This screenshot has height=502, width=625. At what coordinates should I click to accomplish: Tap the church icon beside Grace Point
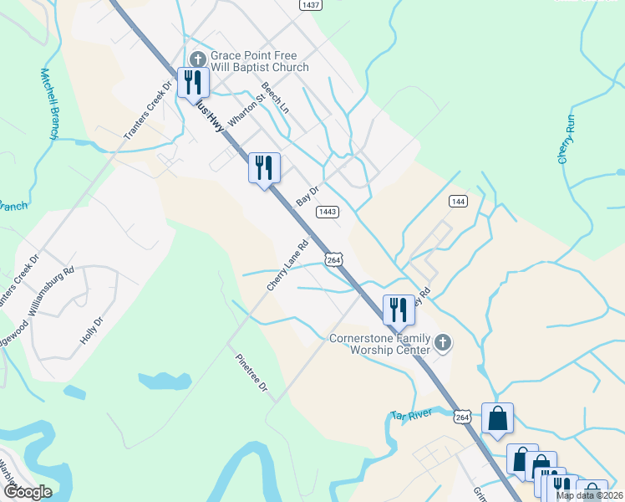tap(197, 58)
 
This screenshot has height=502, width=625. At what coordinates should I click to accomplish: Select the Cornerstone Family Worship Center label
tap(379, 344)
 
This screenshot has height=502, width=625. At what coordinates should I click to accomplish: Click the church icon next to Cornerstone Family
tap(443, 343)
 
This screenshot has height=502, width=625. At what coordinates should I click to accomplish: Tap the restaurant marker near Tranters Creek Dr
tap(192, 82)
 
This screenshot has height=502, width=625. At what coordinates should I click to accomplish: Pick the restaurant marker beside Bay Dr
tap(264, 167)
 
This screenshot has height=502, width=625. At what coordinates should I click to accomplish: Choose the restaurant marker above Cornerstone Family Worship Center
tap(398, 310)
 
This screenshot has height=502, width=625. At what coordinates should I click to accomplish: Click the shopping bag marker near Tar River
tap(497, 418)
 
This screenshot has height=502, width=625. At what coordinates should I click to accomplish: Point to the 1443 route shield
tap(327, 212)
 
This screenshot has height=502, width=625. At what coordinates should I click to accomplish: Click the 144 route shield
tap(458, 201)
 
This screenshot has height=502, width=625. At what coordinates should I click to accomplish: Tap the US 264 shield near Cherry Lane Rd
tap(333, 260)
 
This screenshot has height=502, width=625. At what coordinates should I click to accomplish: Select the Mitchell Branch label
tap(48, 103)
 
